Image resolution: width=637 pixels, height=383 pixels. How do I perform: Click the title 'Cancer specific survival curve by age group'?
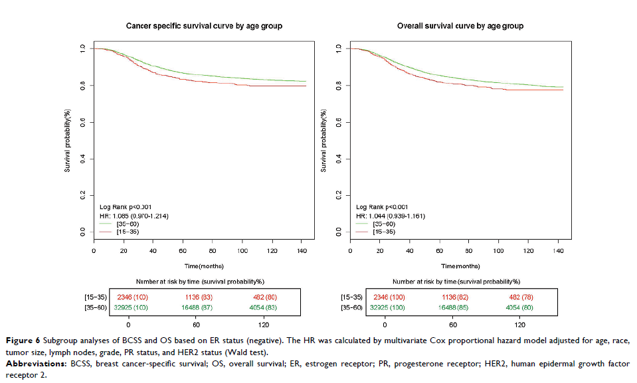pos(204,26)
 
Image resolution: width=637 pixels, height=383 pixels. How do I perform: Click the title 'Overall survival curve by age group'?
pos(460,26)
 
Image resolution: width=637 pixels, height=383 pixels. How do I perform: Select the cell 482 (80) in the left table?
pos(264,297)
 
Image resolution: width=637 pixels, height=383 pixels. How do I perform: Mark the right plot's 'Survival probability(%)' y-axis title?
pos(325,140)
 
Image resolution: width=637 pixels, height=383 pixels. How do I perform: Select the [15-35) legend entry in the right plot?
pos(375,232)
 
